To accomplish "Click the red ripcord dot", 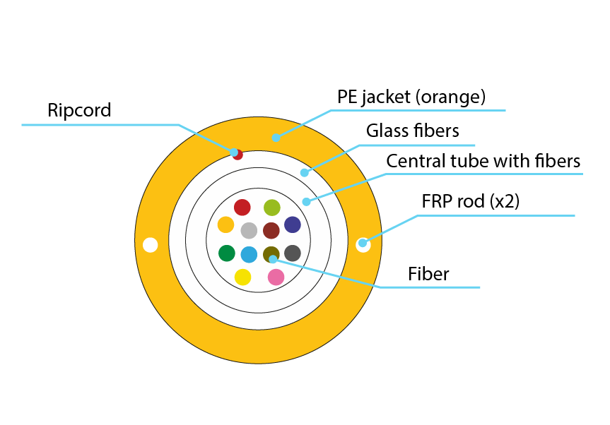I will pyautogui.click(x=237, y=154).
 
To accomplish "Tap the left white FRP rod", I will pyautogui.click(x=150, y=245).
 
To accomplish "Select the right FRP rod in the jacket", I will pyautogui.click(x=363, y=244).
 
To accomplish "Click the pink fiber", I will pyautogui.click(x=276, y=277).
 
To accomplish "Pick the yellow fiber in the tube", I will pyautogui.click(x=242, y=277).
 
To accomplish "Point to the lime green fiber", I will pyautogui.click(x=271, y=208).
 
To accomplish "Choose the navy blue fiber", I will pyautogui.click(x=293, y=225).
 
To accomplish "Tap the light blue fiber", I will pyautogui.click(x=249, y=254).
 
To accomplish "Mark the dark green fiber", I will pyautogui.click(x=227, y=253).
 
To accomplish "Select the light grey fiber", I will pyautogui.click(x=249, y=230).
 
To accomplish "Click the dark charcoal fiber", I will pyautogui.click(x=293, y=253).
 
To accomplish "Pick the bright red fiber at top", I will pyautogui.click(x=242, y=208).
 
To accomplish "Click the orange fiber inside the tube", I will pyautogui.click(x=225, y=225).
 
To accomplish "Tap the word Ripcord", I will pyautogui.click(x=79, y=110).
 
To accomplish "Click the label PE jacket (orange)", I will pyautogui.click(x=411, y=96).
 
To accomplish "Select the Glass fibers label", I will pyautogui.click(x=413, y=131).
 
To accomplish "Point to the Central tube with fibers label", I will pyautogui.click(x=483, y=161).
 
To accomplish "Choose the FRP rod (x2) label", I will pyautogui.click(x=470, y=201).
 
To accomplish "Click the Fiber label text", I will pyautogui.click(x=428, y=274).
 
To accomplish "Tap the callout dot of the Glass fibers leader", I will pyautogui.click(x=305, y=172).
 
